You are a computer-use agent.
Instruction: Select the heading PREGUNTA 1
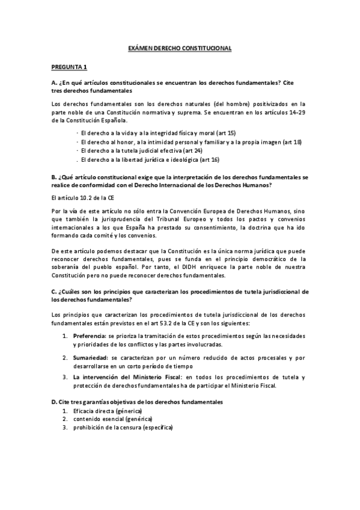coord(69,66)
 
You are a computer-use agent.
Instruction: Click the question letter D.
coord(54,401)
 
